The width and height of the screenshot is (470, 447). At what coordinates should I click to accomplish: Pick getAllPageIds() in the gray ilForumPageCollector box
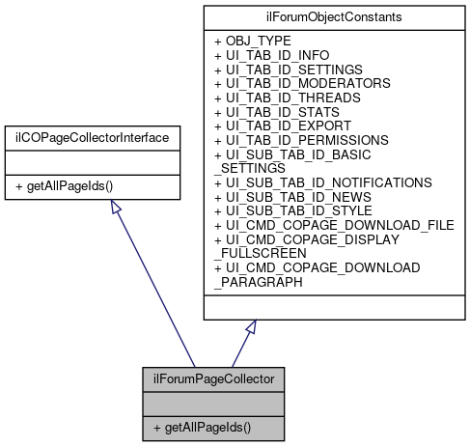point(201,426)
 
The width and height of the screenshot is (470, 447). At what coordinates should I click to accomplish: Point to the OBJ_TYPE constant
point(253,42)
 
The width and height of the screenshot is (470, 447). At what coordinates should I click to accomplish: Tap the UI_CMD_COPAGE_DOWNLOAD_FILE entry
point(334,224)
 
